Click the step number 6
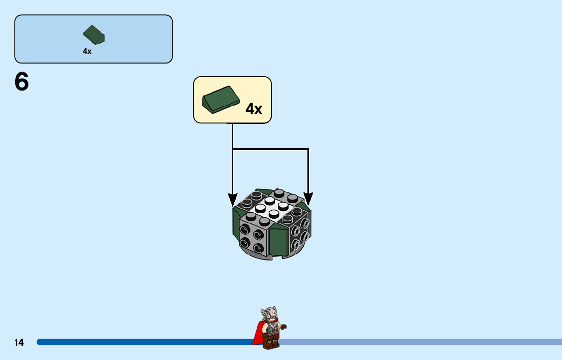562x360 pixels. point(22,82)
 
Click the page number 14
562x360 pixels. point(19,343)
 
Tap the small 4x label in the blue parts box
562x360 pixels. point(87,51)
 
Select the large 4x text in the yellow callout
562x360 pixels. point(254,109)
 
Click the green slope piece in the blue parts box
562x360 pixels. point(94,35)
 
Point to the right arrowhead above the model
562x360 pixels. point(308,200)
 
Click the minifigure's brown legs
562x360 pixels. point(271,342)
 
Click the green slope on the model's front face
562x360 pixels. point(278,242)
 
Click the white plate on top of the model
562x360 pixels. point(267,208)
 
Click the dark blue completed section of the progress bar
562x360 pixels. point(142,342)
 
